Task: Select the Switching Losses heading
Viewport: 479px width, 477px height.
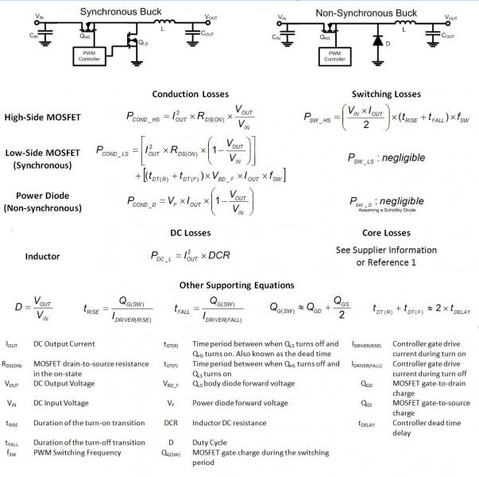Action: [x=386, y=94]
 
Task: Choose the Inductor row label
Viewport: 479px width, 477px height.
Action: [x=43, y=256]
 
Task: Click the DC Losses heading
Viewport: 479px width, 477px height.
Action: [x=191, y=233]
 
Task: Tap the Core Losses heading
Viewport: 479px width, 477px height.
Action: [x=386, y=233]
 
